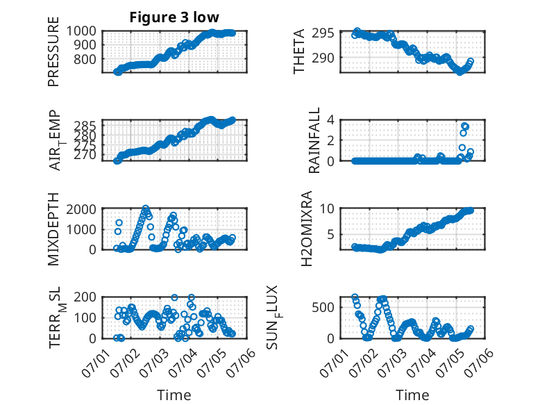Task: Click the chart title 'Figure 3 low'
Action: pos(174,17)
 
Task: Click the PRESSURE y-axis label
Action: pos(53,51)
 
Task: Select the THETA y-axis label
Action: pos(299,51)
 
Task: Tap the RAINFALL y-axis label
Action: pos(314,140)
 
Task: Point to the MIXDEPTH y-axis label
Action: pos(53,229)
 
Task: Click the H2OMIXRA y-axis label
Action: pos(306,229)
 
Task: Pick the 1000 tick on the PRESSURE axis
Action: pos(81,31)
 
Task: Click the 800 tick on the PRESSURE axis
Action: pos(85,59)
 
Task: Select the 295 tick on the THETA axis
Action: pos(323,33)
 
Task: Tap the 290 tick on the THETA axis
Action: pos(323,58)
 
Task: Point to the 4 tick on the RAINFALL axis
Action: pos(331,120)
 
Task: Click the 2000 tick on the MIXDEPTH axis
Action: pos(81,209)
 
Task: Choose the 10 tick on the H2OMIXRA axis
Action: pos(327,208)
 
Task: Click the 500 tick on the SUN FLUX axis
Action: pos(323,307)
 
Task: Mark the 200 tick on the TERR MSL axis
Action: pos(85,297)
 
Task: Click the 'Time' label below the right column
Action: pos(412,395)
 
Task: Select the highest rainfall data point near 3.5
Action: pos(465,126)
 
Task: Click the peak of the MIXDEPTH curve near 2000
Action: pos(146,208)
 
